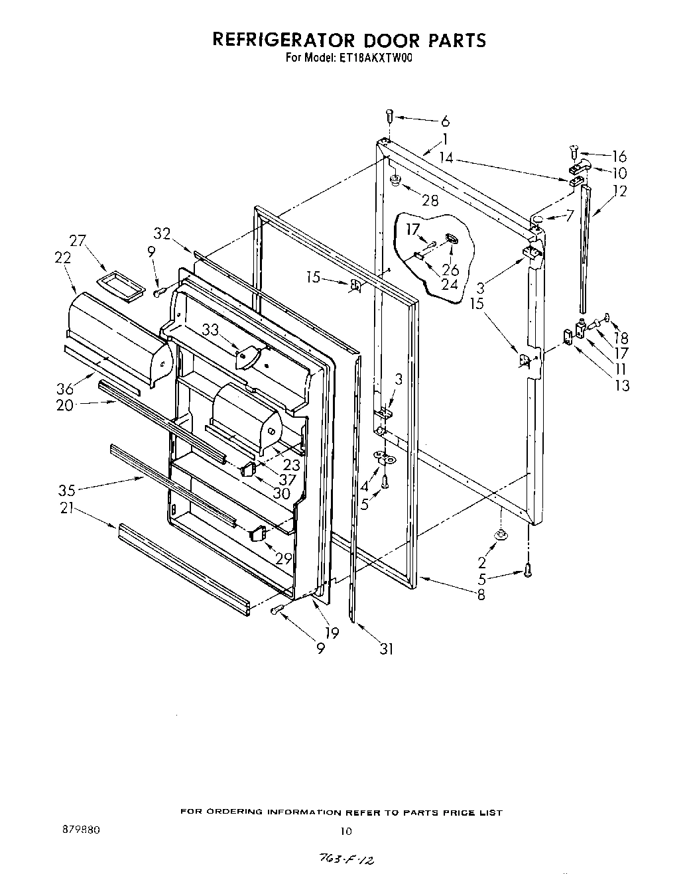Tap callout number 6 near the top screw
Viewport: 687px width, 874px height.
click(x=445, y=121)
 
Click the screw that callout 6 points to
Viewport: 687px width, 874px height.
click(x=390, y=117)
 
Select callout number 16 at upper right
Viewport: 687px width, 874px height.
click(x=619, y=156)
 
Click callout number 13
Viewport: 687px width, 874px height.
click(x=621, y=385)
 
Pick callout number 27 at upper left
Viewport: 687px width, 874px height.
click(x=78, y=241)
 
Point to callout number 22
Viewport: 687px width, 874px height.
click(x=63, y=258)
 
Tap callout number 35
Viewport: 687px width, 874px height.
click(x=66, y=491)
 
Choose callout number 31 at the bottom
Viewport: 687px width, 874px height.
click(x=386, y=649)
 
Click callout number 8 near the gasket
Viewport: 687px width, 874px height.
click(x=481, y=595)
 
